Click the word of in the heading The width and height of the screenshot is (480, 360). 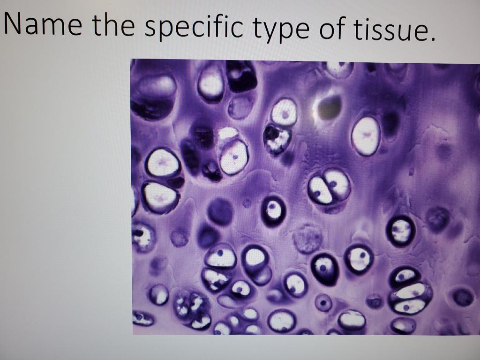(x=333, y=29)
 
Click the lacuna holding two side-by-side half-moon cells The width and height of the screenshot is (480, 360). (x=329, y=186)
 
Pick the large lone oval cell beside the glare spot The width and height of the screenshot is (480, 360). (x=366, y=135)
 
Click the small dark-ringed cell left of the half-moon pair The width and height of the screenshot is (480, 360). (x=273, y=210)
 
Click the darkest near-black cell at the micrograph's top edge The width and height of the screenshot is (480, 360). (x=241, y=76)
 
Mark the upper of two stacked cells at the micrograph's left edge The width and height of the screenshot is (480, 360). (x=162, y=164)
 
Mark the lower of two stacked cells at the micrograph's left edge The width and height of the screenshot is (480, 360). (x=160, y=196)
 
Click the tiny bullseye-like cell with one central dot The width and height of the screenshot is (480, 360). (x=323, y=302)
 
